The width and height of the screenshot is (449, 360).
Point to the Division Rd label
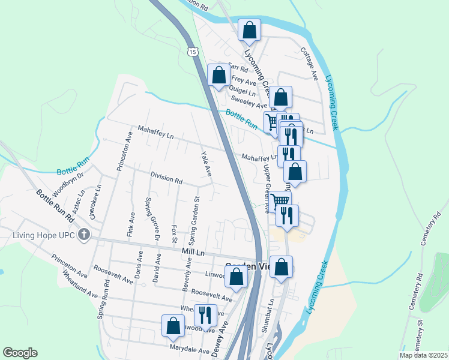point(166,179)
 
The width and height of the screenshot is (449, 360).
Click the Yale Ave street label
point(206,164)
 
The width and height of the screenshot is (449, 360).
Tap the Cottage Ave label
point(309,64)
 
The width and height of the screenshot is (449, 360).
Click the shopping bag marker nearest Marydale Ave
point(173,325)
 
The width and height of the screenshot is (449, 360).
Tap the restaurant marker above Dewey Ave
point(205,315)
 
